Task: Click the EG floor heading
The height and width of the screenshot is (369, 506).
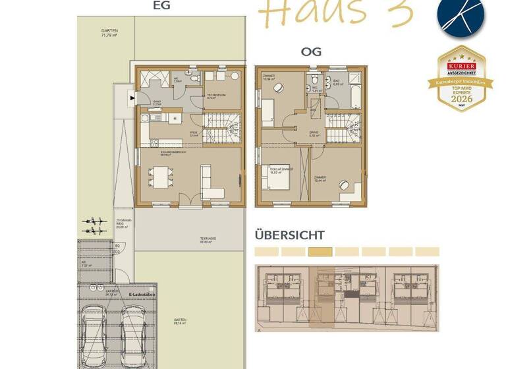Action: (x=161, y=6)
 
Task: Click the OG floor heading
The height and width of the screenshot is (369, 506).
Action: (x=311, y=51)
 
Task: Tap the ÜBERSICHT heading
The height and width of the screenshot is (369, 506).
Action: (x=289, y=235)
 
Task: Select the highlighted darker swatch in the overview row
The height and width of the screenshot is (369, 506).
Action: (x=320, y=252)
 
